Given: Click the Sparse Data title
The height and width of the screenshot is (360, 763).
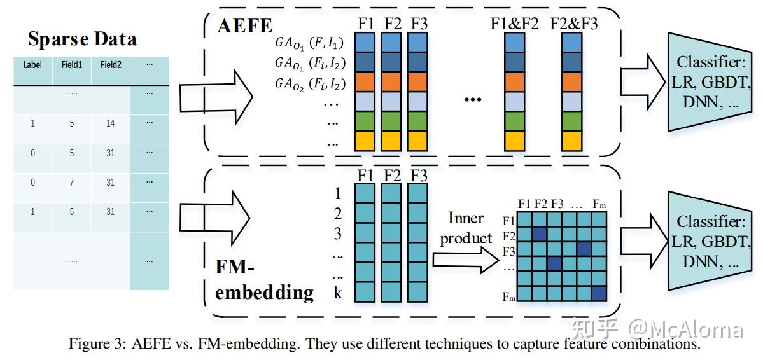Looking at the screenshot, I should pos(82,39).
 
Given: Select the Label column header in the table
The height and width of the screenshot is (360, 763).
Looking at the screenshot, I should pos(32,64).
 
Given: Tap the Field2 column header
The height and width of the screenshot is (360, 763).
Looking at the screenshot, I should pos(111,64).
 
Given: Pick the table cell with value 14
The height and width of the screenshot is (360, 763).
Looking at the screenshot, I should pos(111,123).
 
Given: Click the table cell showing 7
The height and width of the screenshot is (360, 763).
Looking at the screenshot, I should pos(71,183).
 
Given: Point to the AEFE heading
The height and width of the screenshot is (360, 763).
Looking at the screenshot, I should pos(245,26).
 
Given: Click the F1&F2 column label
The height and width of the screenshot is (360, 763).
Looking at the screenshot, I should pos(514,24).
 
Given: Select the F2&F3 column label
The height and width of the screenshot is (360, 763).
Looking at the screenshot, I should pos(573,24).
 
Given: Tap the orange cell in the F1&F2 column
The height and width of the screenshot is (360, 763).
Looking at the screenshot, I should pos(514,82).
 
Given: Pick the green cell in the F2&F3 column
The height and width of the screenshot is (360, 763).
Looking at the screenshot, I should pos(572,121).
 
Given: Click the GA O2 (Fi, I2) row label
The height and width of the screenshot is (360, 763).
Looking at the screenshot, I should pos(309,83).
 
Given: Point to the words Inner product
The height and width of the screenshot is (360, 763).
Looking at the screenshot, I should pos(466,228).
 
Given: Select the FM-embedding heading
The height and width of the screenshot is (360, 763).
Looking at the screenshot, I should pos(264,280).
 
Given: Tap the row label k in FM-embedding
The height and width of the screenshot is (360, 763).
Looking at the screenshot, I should pos(338,293).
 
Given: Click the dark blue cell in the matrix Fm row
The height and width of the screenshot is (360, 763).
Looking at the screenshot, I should pos(599,293).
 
